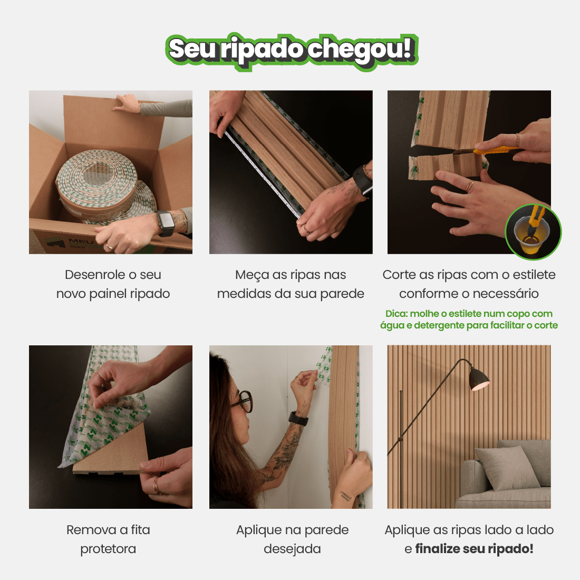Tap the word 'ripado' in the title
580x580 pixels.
pyautogui.click(x=262, y=50)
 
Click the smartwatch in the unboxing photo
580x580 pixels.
pyautogui.click(x=166, y=223)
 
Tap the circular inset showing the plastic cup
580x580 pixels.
pyautogui.click(x=533, y=232)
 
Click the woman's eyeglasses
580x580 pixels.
pyautogui.click(x=242, y=401)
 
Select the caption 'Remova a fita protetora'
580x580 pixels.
pyautogui.click(x=108, y=539)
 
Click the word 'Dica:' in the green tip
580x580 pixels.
pyautogui.click(x=397, y=314)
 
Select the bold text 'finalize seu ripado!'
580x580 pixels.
pyautogui.click(x=474, y=549)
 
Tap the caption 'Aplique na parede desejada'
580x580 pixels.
pyautogui.click(x=292, y=539)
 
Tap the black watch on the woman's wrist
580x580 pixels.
pyautogui.click(x=298, y=419)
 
